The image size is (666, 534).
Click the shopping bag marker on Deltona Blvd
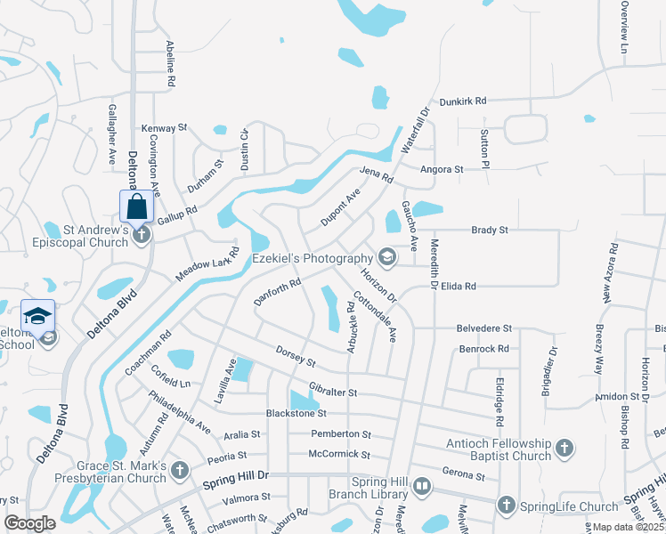click(137, 206)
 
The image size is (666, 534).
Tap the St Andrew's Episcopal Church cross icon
click(141, 235)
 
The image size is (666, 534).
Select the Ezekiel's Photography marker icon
click(386, 257)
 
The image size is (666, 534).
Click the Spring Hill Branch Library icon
click(422, 487)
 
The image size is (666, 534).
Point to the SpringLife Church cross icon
click(508, 505)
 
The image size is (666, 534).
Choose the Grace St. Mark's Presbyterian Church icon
click(180, 468)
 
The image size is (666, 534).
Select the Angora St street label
click(443, 168)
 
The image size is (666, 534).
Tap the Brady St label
click(489, 230)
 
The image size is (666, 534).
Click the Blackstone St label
click(296, 413)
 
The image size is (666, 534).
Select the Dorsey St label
click(296, 357)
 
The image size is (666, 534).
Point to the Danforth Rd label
click(278, 289)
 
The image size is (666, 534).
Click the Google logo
click(29, 523)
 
